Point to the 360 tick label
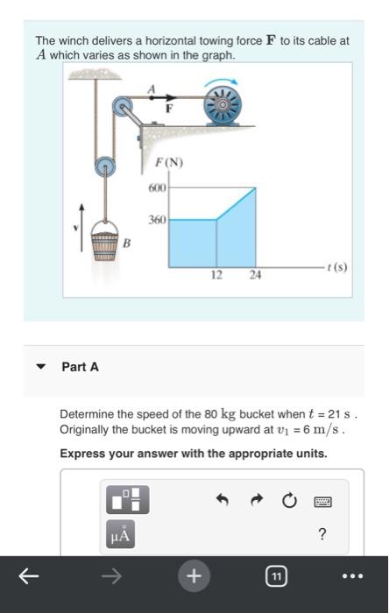[157, 221]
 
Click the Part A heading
[80, 367]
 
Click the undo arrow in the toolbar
[222, 501]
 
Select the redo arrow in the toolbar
[256, 501]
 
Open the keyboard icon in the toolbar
[322, 501]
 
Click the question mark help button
[322, 534]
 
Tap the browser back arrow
[29, 576]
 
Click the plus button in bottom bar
[194, 576]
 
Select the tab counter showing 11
[276, 576]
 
